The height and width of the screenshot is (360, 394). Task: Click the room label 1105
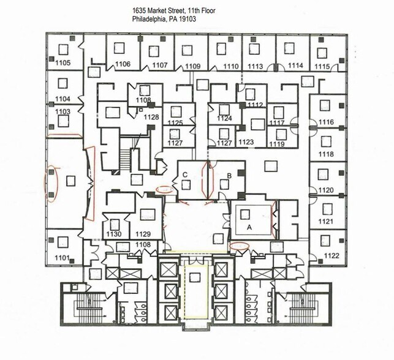pos(63,63)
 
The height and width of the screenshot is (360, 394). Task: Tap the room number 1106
pos(123,64)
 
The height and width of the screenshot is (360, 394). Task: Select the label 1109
pos(193,66)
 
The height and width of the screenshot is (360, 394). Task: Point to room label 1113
pos(256,66)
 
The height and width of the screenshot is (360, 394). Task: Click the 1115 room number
pos(322,66)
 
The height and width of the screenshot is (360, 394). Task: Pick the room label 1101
pos(62,258)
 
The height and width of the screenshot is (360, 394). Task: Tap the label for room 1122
pos(331,255)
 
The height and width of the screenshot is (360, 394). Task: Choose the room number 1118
pos(326,154)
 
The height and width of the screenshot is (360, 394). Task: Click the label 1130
pos(113,234)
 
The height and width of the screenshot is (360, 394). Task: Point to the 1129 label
pos(143,234)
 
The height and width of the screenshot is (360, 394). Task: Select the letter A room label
pos(249,226)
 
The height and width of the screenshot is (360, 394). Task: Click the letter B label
pos(229,176)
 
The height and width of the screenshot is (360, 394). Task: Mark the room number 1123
pos(246,142)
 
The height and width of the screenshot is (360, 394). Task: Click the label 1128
pos(151,117)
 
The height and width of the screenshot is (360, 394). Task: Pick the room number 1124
pos(225,118)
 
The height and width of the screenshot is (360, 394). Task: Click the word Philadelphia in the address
pos(151,19)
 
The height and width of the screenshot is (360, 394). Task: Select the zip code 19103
pos(187,19)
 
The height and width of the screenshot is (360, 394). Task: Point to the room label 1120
pos(326,190)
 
